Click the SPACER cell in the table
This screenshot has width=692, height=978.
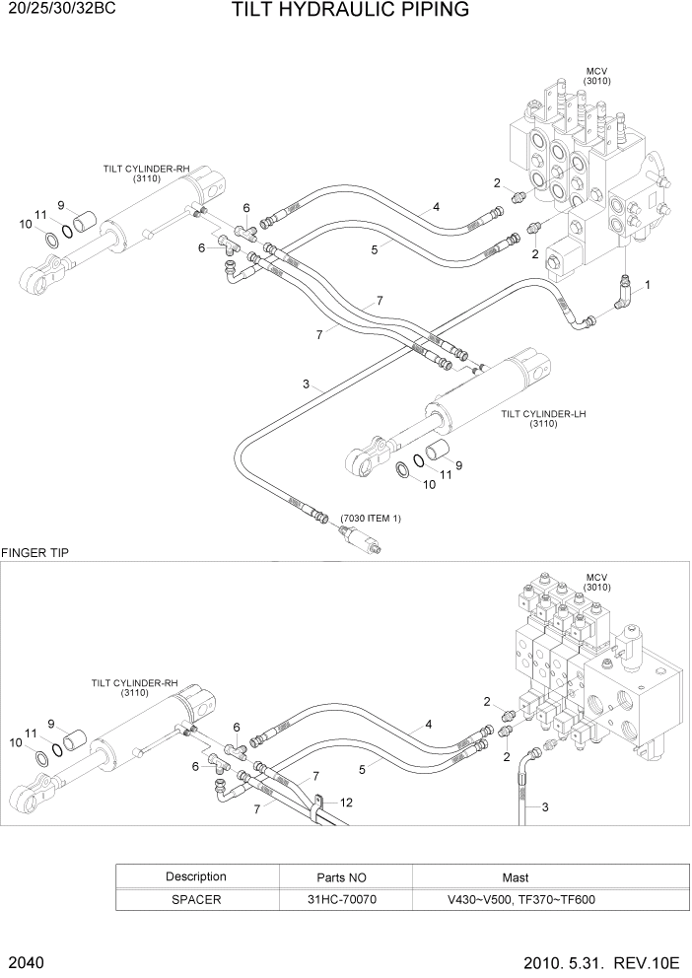[x=195, y=899]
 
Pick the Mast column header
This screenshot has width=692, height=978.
[x=515, y=876]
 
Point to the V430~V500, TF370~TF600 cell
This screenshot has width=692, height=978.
[x=515, y=899]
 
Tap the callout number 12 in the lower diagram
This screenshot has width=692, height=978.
[x=346, y=803]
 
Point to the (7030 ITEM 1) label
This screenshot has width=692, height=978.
[x=371, y=518]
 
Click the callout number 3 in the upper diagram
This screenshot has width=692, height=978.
[x=307, y=384]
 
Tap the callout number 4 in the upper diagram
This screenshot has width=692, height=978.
[x=435, y=207]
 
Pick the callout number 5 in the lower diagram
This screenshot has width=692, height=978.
[x=363, y=768]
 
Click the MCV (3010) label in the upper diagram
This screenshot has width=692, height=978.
[x=597, y=76]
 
